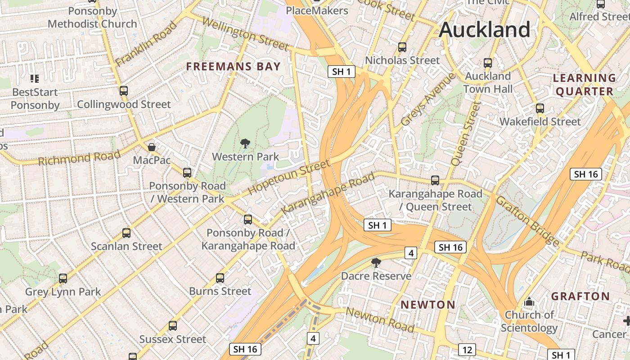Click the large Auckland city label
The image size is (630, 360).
pyautogui.click(x=485, y=30)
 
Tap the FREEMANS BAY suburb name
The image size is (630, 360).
pyautogui.click(x=234, y=67)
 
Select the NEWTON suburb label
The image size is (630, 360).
pyautogui.click(x=428, y=305)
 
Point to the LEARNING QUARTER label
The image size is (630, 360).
pyautogui.click(x=584, y=85)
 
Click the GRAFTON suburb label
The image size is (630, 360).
pyautogui.click(x=580, y=296)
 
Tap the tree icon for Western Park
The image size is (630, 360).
pyautogui.click(x=245, y=144)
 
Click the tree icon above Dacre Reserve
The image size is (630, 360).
pyautogui.click(x=376, y=262)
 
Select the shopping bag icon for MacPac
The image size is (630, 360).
pyautogui.click(x=152, y=147)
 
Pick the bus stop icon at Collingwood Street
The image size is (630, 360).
pyautogui.click(x=124, y=91)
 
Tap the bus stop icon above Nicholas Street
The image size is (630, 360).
pyautogui.click(x=402, y=47)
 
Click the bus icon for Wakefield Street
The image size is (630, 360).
pyautogui.click(x=540, y=108)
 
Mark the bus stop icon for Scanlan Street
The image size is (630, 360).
pyautogui.click(x=126, y=233)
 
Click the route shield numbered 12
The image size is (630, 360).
pyautogui.click(x=467, y=349)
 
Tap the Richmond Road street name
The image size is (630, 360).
pyautogui.click(x=79, y=158)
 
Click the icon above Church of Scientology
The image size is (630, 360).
pyautogui.click(x=529, y=301)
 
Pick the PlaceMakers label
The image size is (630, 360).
pyautogui.click(x=317, y=10)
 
